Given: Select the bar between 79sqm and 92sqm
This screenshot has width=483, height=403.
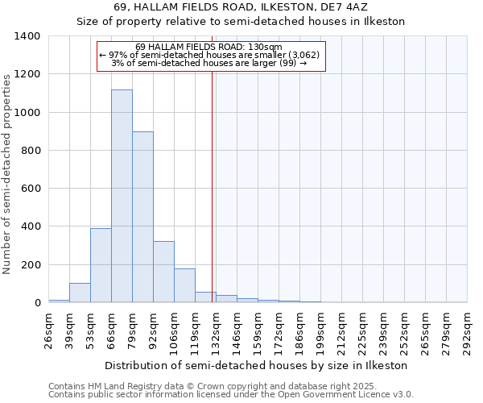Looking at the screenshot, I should pyautogui.click(x=142, y=217).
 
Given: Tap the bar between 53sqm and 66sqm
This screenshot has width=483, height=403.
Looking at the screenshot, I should pyautogui.click(x=101, y=265).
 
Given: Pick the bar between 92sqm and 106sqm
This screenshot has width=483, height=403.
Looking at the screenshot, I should pyautogui.click(x=163, y=272).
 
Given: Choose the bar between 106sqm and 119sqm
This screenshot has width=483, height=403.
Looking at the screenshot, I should pyautogui.click(x=184, y=285).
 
